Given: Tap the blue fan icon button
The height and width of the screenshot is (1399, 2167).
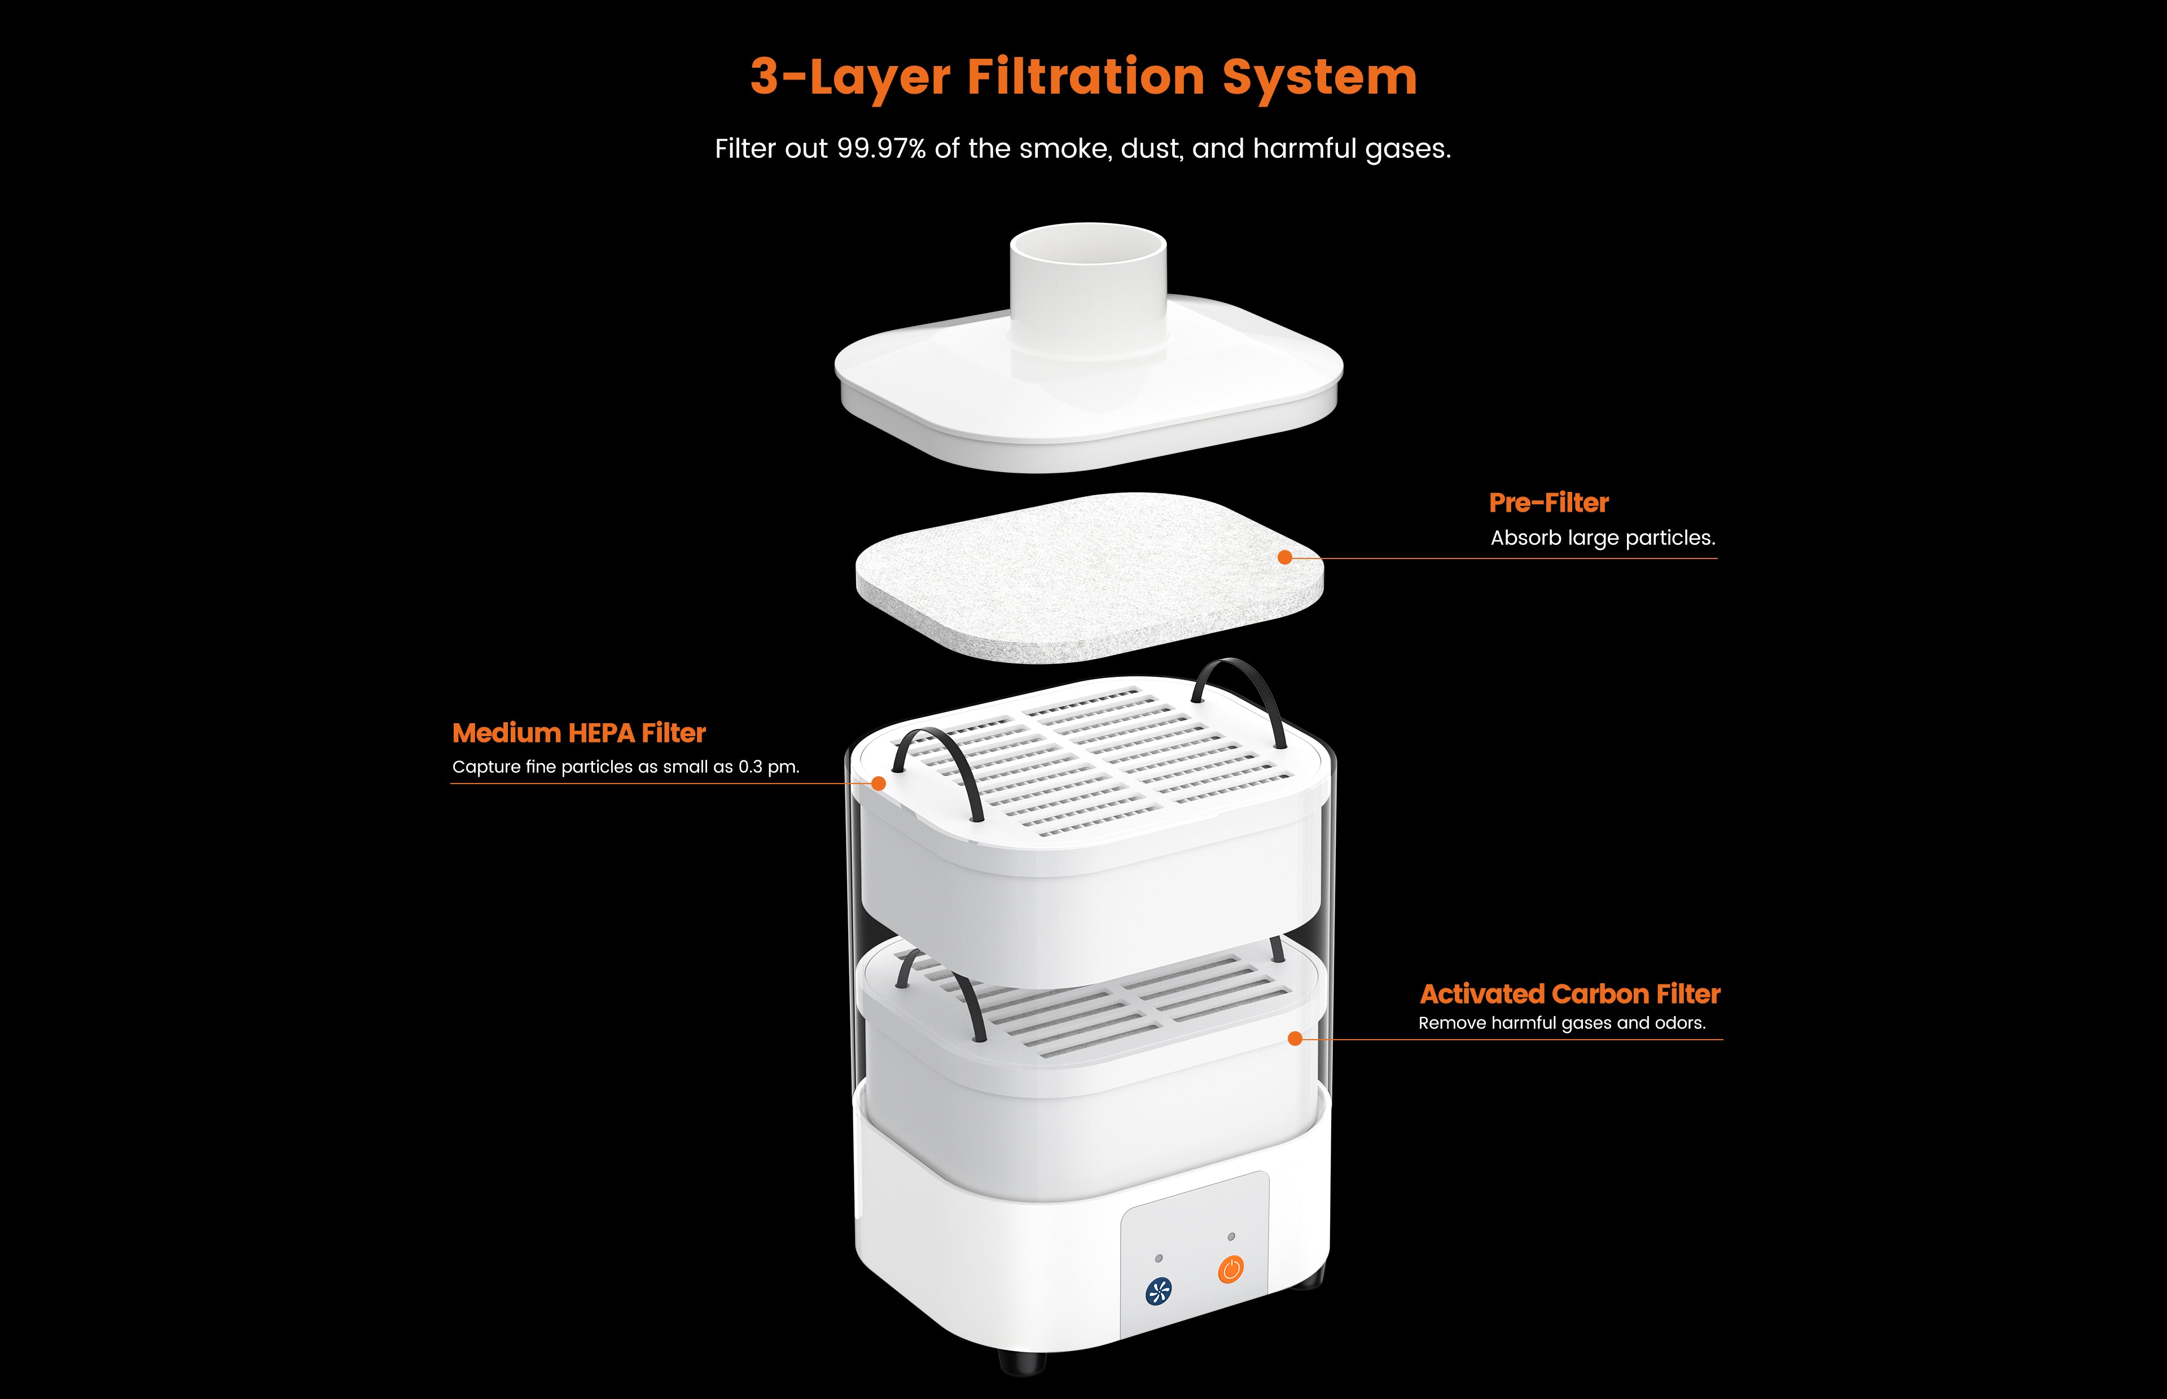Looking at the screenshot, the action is (1159, 1291).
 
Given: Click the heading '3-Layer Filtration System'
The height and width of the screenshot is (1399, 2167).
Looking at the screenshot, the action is (1083, 77).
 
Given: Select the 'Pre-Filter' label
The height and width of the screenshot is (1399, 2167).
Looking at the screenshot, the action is (1549, 503).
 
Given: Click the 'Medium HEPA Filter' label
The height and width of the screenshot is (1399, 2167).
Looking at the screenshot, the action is (579, 733).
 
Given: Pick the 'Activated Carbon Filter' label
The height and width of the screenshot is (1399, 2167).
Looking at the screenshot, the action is (1570, 994).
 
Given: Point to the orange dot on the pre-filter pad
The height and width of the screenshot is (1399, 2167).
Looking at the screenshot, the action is (1285, 557).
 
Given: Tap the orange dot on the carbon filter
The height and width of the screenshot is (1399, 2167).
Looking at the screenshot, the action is (1295, 1039).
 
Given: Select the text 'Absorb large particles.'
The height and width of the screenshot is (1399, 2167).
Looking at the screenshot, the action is (1603, 538).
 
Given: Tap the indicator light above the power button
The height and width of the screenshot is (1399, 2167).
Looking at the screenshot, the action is (1231, 1237).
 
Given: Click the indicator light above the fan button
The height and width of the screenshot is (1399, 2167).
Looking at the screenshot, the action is (1159, 1258).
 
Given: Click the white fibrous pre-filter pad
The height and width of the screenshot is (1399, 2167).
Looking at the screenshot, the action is (1089, 577).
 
